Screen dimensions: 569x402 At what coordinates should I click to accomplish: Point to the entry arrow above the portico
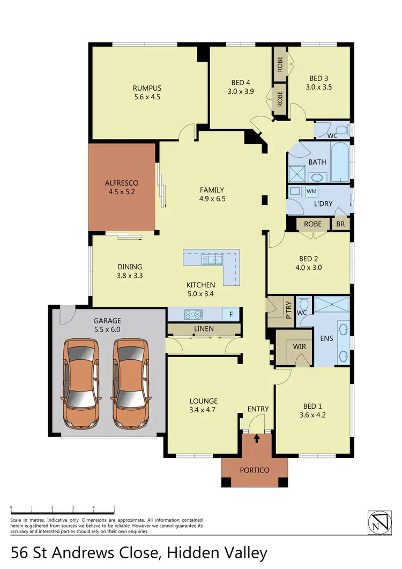256,439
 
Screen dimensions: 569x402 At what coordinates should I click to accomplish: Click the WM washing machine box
311,191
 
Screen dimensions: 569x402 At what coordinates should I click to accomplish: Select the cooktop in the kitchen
192,314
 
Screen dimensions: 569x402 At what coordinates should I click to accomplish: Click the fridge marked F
231,314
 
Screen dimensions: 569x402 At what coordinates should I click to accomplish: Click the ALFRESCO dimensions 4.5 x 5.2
121,191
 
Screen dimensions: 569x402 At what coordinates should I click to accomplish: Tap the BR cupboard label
340,224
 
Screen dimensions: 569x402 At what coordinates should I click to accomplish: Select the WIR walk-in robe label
300,346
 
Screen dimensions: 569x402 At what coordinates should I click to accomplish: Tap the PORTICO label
254,470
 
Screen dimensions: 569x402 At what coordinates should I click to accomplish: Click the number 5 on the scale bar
114,507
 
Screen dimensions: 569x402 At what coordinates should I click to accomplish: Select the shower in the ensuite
331,305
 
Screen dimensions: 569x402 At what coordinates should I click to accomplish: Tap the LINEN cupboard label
204,329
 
